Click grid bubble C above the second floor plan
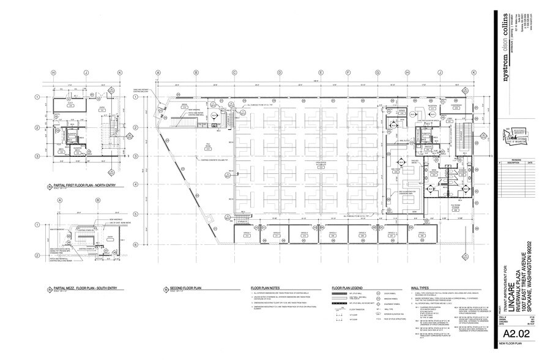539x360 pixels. click(234, 73)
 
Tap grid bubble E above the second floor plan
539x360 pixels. click(325, 73)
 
